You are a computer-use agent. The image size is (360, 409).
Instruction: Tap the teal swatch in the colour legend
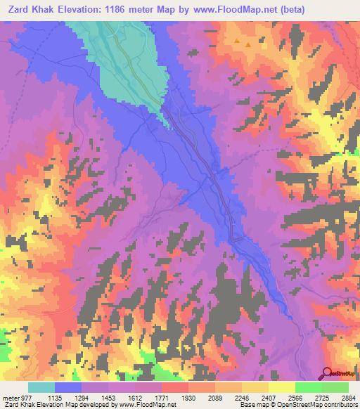(41, 387)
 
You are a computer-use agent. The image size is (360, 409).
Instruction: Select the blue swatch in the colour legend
(68, 387)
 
